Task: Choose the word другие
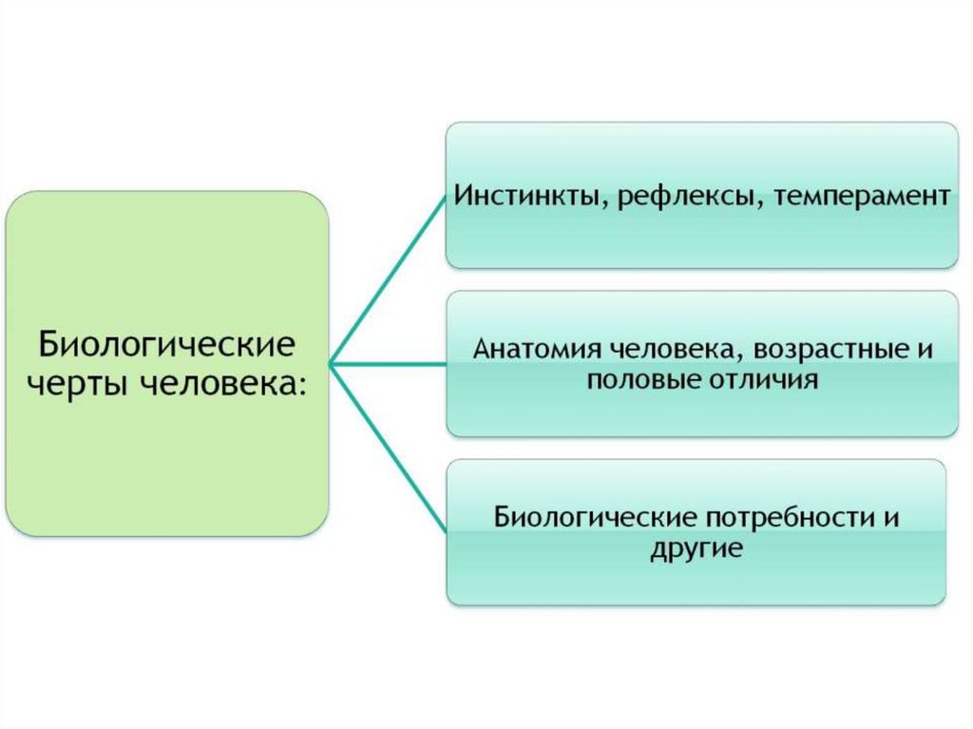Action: click(696, 549)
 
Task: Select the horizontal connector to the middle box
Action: click(390, 363)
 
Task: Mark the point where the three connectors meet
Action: click(330, 363)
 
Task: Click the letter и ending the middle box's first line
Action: click(926, 350)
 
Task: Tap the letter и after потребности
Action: click(890, 519)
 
